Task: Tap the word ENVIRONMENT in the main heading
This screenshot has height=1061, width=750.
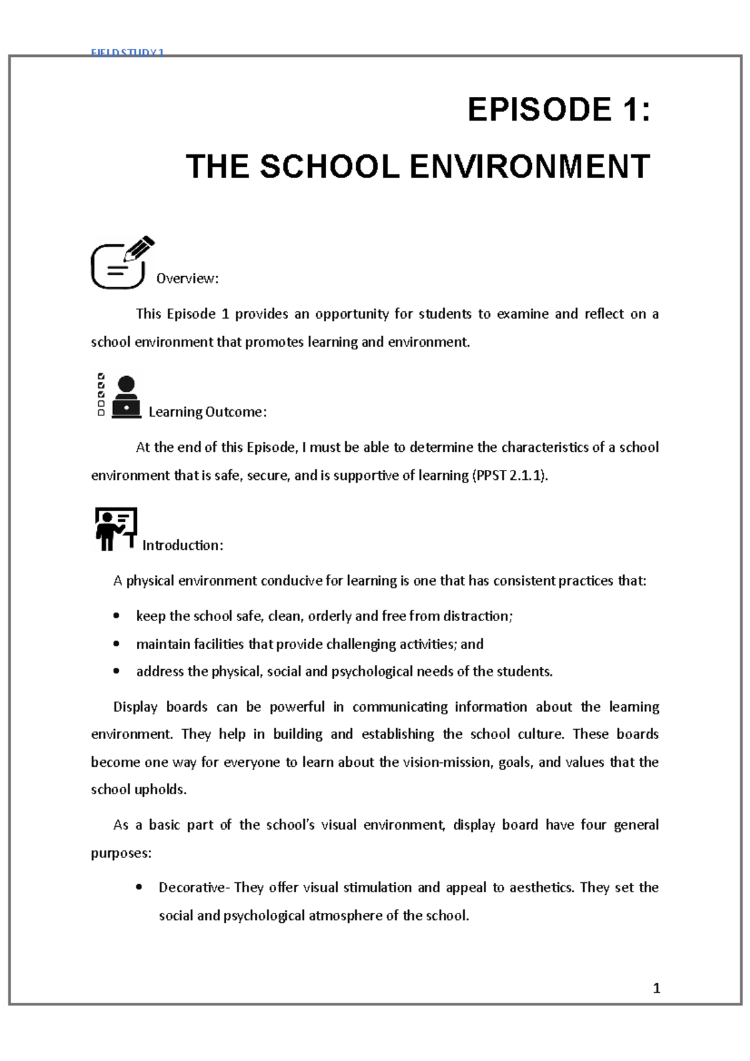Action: [529, 167]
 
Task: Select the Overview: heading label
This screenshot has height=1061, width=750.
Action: [187, 279]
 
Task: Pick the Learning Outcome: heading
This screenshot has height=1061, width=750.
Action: [207, 412]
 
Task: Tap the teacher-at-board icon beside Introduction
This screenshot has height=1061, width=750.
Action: [116, 529]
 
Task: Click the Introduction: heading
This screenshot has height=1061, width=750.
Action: [182, 545]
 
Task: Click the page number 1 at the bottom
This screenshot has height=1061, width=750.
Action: [656, 988]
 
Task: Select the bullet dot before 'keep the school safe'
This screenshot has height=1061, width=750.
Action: [116, 616]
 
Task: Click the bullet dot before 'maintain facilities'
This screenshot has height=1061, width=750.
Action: [116, 644]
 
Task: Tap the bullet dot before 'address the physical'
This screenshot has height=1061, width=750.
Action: [116, 671]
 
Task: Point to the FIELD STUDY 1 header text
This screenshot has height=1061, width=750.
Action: [127, 52]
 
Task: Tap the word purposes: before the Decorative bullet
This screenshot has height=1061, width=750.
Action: [121, 854]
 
